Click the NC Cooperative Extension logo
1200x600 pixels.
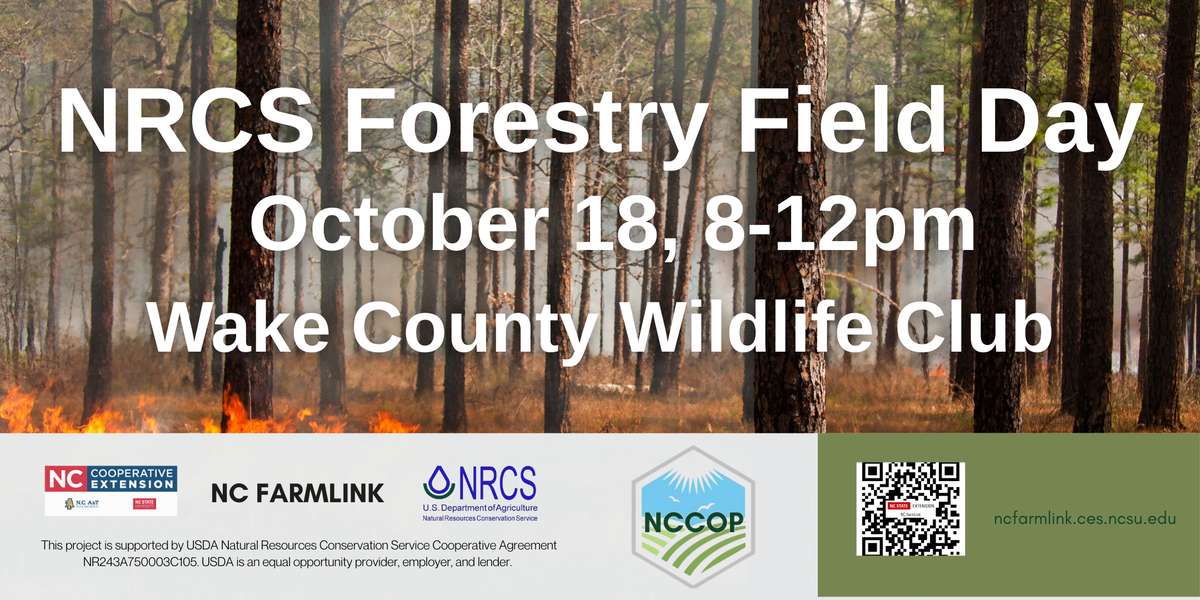coord(110,489)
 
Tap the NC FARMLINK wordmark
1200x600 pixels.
coord(297,493)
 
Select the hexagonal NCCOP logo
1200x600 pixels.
coord(692,516)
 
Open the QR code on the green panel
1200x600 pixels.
coord(910,508)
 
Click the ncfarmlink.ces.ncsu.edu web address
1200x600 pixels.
coord(1085,519)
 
